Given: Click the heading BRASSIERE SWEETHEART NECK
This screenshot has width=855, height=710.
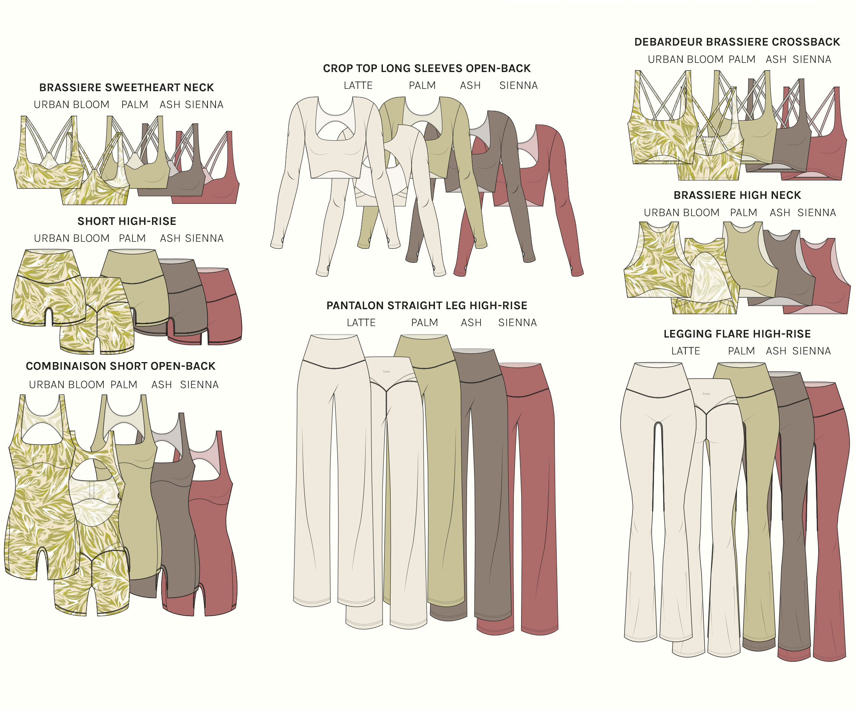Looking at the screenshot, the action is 126,88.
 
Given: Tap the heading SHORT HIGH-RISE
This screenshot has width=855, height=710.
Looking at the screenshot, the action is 127,221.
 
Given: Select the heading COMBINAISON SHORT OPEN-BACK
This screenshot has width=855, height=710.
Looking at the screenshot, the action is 121,366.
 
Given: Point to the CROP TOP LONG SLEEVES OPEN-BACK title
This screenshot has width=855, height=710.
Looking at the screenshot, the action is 427,69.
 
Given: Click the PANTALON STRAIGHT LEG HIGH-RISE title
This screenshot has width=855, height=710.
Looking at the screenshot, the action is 427,305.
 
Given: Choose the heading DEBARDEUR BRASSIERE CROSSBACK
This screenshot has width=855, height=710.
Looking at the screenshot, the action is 737,42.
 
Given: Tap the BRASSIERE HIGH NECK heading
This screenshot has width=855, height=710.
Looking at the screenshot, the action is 737,195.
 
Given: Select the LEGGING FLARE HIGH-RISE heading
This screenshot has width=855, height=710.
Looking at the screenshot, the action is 737,334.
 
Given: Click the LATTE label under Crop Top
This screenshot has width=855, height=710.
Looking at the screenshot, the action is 358,85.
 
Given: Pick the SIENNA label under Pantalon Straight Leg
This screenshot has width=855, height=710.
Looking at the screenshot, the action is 517,323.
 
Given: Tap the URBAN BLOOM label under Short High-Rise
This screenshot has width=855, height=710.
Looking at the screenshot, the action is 72,238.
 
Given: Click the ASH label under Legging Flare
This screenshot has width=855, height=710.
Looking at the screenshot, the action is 776,351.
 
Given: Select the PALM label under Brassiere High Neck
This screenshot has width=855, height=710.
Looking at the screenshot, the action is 744,213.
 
